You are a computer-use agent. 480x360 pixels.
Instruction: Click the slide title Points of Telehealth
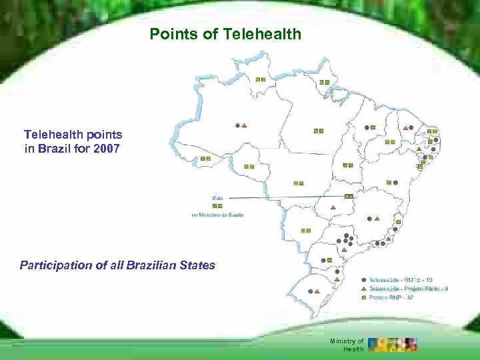(x=225, y=34)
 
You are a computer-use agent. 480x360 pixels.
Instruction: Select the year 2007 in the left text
(x=107, y=148)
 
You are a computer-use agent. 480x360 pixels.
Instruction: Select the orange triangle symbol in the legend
(x=363, y=289)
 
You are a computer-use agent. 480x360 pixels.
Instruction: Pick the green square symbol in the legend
(x=363, y=297)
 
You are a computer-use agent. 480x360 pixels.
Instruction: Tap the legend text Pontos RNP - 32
(x=389, y=297)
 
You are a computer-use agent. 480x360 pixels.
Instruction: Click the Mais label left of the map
(x=217, y=198)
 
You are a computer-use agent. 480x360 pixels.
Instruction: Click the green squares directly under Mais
(x=217, y=206)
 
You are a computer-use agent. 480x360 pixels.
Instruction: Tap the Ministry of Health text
(x=347, y=345)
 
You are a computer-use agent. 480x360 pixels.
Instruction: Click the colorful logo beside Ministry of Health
(x=393, y=344)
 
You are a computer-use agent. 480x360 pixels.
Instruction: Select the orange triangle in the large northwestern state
(x=245, y=125)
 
